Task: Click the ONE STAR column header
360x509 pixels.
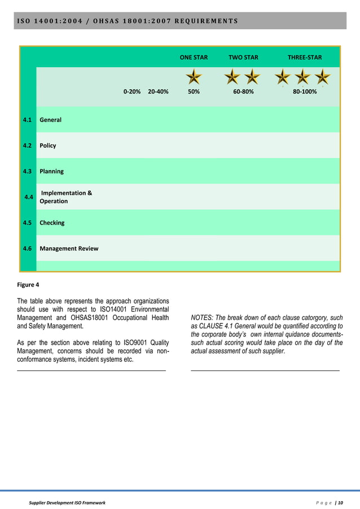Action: (x=194, y=58)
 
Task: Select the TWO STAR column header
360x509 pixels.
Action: (x=243, y=58)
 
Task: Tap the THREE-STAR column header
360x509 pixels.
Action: (x=305, y=58)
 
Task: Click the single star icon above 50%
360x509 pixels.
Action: (x=194, y=77)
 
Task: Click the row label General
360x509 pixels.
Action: (x=50, y=120)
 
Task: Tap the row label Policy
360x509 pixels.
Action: (x=48, y=146)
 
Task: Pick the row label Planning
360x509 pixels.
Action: (x=51, y=172)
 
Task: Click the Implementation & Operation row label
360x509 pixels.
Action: (x=65, y=197)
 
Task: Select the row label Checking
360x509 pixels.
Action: (x=52, y=223)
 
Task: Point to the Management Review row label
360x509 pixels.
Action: (x=69, y=248)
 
